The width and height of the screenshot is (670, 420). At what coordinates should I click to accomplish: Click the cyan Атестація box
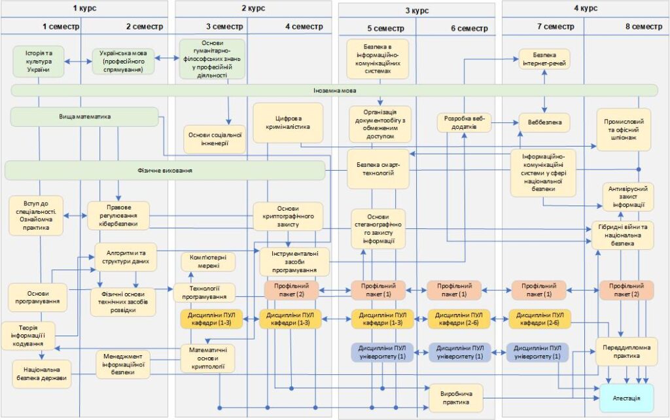tap(626, 398)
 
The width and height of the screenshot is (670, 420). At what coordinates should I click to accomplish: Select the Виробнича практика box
tap(455, 398)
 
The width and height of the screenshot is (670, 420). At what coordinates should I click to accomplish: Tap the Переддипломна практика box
tap(626, 351)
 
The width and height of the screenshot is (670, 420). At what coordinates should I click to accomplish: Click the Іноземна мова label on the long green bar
tap(334, 90)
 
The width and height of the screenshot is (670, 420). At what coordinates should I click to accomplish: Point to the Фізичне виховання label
tap(165, 171)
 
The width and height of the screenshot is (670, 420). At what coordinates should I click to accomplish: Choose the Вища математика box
tap(84, 116)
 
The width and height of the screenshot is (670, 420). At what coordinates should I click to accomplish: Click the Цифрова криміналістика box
tap(288, 122)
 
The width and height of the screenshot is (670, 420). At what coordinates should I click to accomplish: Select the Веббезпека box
tap(544, 122)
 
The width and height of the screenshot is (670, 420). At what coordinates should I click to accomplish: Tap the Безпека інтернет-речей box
tap(544, 59)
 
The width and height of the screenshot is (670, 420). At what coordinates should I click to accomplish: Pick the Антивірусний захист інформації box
tap(627, 196)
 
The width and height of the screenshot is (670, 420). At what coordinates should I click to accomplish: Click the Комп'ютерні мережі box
tap(208, 262)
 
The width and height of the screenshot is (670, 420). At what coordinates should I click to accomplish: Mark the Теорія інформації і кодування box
tap(28, 336)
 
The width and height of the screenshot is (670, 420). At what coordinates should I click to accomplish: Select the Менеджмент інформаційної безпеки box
tap(123, 364)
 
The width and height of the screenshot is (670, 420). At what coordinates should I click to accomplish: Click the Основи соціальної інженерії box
tap(215, 139)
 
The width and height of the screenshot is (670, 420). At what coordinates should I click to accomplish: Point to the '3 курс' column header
tap(417, 10)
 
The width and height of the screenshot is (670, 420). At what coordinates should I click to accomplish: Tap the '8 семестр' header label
tap(644, 26)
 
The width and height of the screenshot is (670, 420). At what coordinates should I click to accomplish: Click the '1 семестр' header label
tap(61, 26)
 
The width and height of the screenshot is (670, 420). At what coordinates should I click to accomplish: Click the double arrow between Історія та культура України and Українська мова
tap(79, 61)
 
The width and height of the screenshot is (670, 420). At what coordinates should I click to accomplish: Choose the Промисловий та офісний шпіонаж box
tap(624, 130)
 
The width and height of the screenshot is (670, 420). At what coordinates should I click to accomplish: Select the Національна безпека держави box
tap(41, 374)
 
